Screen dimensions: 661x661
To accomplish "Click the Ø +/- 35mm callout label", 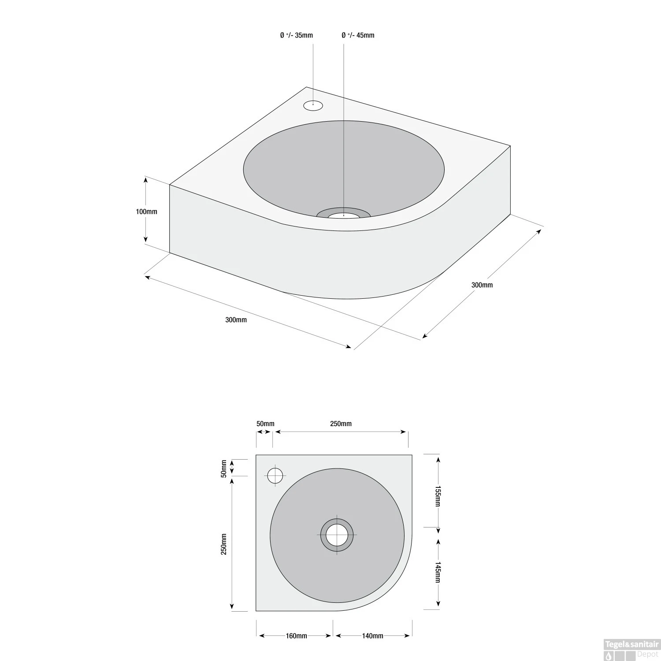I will pos(296,35).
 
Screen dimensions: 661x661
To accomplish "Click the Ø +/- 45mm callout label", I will pos(358,35).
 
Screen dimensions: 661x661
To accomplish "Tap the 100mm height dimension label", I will pos(146,212).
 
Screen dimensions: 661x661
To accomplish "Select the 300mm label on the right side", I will pos(482,285).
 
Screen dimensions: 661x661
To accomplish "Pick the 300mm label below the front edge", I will pos(236,320).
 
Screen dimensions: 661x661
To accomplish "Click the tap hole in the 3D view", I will pos(313,105).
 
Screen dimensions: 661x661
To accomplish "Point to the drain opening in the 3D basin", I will pos(343,215).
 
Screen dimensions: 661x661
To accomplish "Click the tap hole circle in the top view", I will pos(275,475).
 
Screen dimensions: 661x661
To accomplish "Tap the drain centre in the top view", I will pos(337,535).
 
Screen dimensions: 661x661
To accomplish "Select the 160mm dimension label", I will pos(296,636).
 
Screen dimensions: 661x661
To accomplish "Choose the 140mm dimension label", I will pos(372,636).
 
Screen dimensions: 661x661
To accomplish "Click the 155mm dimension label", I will pos(438,497).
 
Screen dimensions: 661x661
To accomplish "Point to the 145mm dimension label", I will pos(438,572).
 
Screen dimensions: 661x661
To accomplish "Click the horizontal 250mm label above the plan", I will pos(341,424).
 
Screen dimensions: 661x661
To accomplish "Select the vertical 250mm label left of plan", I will pos(224,544).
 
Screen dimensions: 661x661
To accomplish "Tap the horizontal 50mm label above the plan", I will pos(265,424).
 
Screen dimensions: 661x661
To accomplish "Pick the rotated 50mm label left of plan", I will pos(224,468).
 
